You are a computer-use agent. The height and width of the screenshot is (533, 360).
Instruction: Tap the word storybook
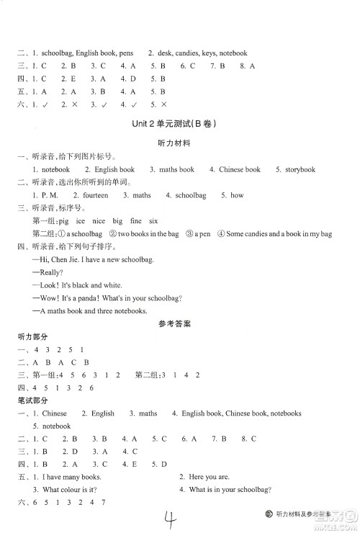click(x=299, y=169)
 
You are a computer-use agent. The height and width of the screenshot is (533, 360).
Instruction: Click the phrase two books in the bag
click(x=148, y=234)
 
